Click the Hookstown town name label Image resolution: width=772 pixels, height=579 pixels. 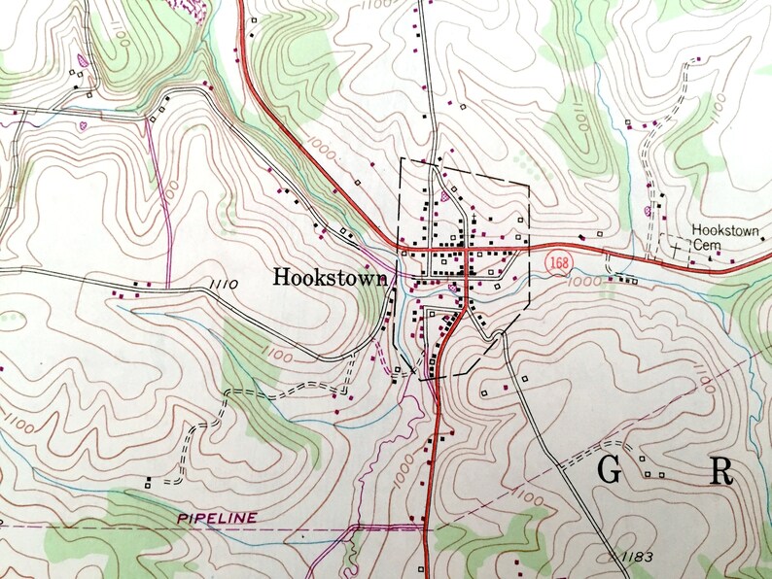click(331, 277)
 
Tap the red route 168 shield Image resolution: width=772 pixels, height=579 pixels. click(557, 262)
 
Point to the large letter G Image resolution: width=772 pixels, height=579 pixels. click(609, 470)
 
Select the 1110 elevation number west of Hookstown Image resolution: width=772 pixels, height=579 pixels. click(223, 284)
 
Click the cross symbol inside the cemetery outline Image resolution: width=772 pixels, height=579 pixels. click(673, 249)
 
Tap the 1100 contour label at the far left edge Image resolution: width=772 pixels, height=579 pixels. click(17, 423)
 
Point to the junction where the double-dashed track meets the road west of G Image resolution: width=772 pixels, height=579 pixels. click(562, 467)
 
